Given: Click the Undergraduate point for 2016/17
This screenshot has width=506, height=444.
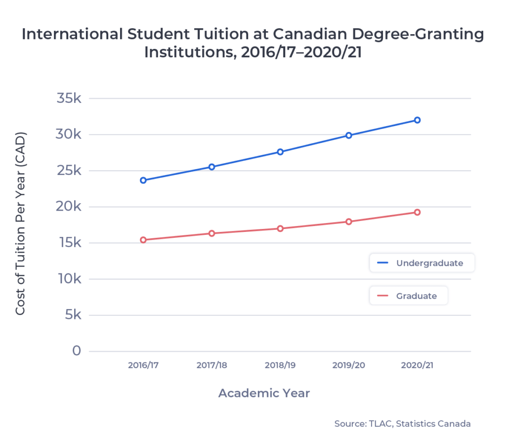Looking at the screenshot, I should click(x=143, y=180).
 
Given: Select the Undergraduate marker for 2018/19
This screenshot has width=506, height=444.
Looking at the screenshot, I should click(x=280, y=152).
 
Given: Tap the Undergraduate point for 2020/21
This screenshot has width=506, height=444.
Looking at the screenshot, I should click(x=417, y=120).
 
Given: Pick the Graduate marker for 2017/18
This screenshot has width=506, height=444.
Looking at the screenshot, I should click(x=211, y=233).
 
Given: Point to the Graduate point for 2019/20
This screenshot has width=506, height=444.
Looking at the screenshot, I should click(x=348, y=222).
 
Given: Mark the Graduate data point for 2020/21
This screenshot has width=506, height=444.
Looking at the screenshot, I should click(x=417, y=212).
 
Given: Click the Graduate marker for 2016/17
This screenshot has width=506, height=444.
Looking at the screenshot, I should click(x=143, y=240).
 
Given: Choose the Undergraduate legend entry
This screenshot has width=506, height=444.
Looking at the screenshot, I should click(x=422, y=263).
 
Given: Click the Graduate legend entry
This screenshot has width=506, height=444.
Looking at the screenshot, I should click(x=409, y=296).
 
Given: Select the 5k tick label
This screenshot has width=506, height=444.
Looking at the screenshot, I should click(x=72, y=315).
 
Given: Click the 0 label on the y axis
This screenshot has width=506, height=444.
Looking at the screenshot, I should click(x=77, y=351).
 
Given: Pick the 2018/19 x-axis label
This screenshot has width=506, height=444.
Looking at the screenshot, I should click(x=280, y=365).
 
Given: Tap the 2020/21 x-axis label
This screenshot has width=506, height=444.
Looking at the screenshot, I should click(x=417, y=365).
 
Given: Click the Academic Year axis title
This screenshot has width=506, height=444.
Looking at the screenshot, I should click(x=264, y=394).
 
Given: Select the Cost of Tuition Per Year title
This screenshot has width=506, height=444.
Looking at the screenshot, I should click(x=20, y=223).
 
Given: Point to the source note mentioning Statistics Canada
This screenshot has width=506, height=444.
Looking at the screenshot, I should click(x=402, y=424).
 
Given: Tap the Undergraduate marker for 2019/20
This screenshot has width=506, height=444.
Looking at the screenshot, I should click(x=348, y=135).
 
